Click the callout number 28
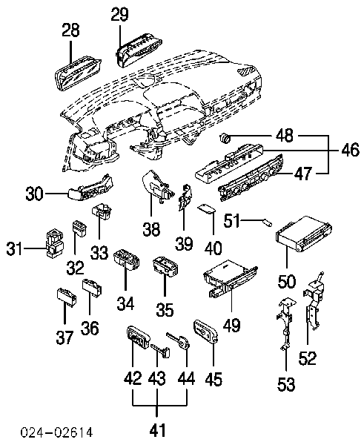[70, 30]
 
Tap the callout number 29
[119, 14]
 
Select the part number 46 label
[351, 150]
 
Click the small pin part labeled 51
[268, 222]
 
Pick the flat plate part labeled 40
[206, 209]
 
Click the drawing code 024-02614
[57, 432]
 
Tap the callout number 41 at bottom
[157, 430]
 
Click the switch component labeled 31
[55, 243]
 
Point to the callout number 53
[286, 384]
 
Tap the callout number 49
[232, 326]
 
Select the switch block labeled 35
[165, 266]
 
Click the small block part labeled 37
[67, 297]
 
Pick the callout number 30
[34, 194]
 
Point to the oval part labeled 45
[205, 330]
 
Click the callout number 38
[151, 229]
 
